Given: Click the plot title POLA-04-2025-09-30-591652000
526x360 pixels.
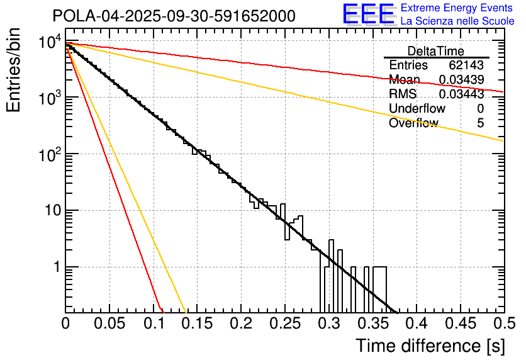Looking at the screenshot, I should click(174, 16).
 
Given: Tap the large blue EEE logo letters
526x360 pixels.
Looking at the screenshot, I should click(368, 14).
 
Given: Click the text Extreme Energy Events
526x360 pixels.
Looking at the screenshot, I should click(457, 8).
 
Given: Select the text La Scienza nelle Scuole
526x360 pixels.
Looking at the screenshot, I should click(457, 21).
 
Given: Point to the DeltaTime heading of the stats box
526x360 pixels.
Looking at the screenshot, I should click(436, 51).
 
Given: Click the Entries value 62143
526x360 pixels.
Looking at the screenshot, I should click(466, 65).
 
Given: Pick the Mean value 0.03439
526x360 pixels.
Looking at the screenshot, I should click(461, 80).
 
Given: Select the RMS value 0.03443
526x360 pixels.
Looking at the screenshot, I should click(461, 94).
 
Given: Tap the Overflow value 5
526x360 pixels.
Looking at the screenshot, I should click(480, 123).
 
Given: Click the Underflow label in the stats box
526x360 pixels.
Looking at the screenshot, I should click(417, 109).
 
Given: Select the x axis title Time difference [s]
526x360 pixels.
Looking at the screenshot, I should click(429, 346).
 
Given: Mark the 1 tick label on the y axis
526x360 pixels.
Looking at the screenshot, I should click(56, 267).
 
